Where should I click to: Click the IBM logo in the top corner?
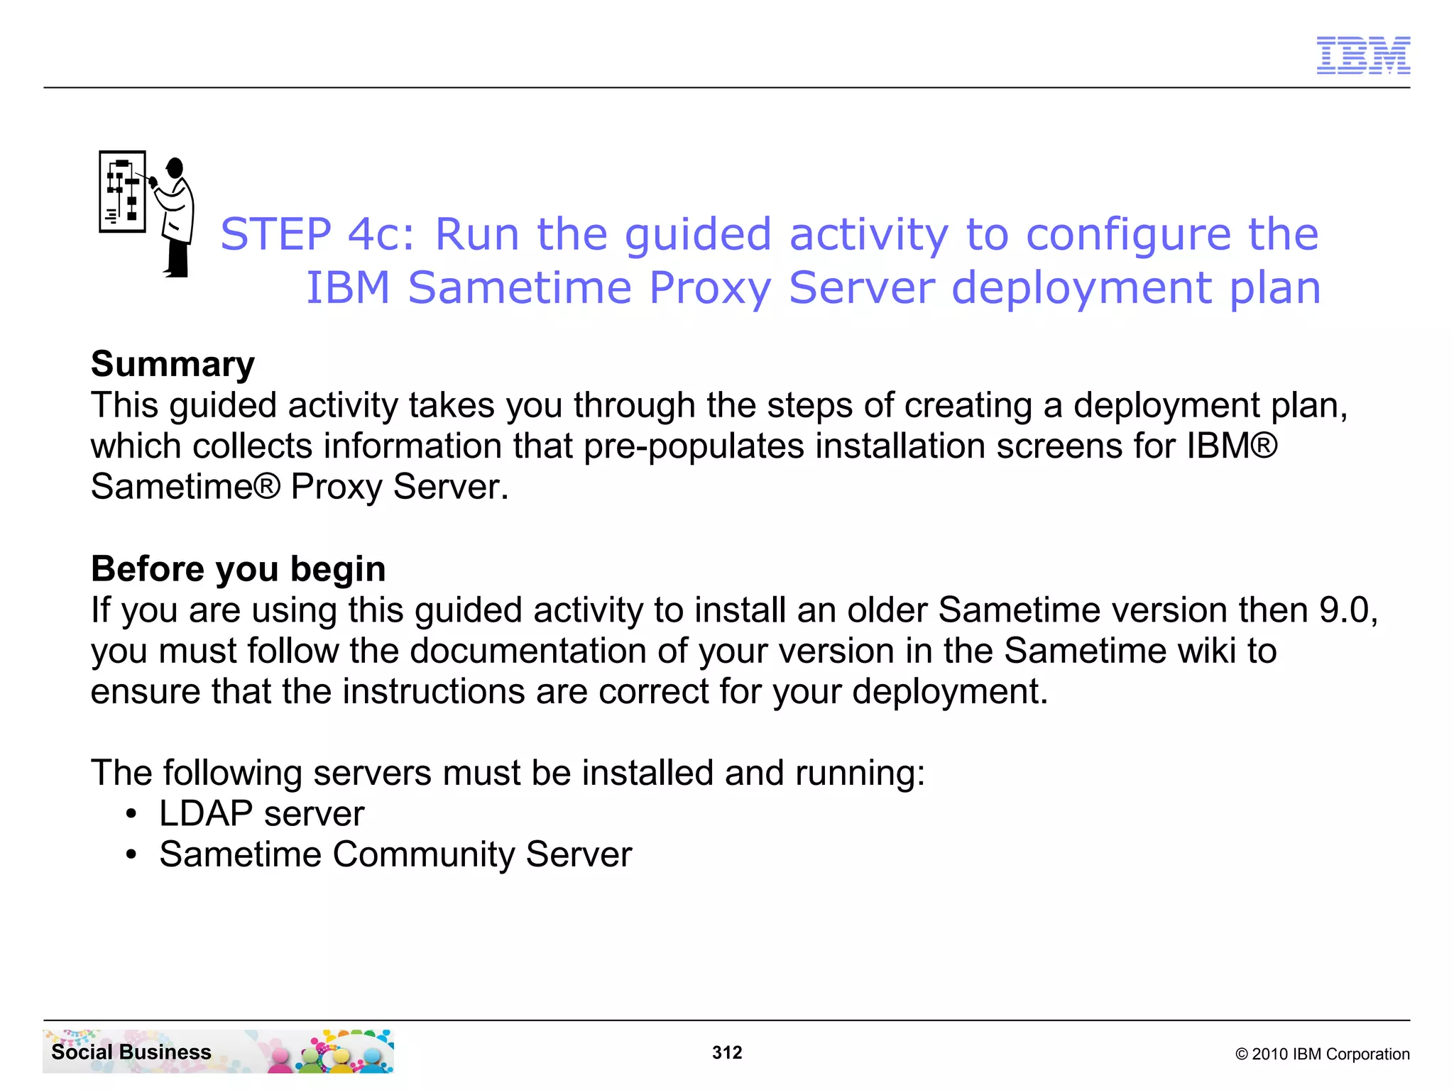click(1363, 55)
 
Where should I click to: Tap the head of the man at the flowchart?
click(175, 168)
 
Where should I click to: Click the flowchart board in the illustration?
click(122, 192)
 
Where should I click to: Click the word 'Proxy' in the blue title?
click(709, 288)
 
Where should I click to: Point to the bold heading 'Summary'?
click(173, 364)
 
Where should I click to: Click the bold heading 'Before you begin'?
click(239, 569)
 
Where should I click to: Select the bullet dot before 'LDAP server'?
click(131, 814)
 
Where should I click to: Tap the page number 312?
click(727, 1052)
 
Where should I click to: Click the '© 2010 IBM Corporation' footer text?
click(1322, 1054)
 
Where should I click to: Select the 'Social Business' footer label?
click(131, 1052)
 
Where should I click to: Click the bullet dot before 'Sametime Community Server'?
click(131, 855)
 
